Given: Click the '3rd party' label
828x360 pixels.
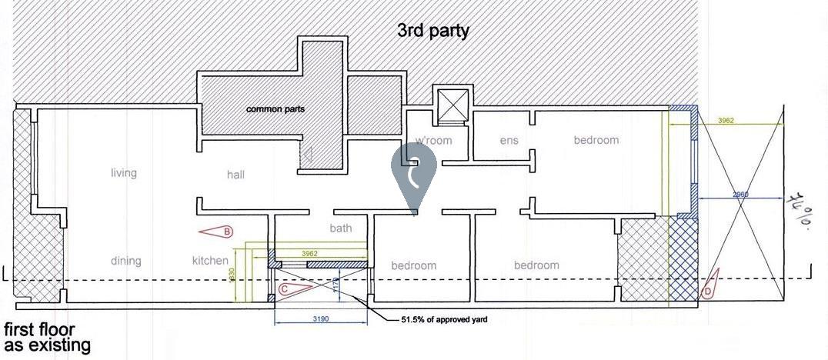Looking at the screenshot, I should (432, 32).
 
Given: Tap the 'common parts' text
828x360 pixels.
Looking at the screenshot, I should (275, 109).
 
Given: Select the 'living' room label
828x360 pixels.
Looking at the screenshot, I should (123, 173).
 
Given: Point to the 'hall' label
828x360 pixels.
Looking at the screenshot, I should (235, 175).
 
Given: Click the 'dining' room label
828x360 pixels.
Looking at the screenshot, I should (125, 261).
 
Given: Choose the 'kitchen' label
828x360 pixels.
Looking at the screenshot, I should (210, 261).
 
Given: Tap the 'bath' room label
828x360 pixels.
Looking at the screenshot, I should (340, 228).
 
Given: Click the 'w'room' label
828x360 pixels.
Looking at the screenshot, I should (433, 141).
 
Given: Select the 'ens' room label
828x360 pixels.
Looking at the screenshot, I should (509, 141).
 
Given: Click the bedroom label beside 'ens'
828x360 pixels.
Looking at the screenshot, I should (596, 140).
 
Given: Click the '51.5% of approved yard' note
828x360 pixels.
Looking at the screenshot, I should (443, 318).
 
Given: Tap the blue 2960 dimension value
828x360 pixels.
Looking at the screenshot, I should (740, 195).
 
